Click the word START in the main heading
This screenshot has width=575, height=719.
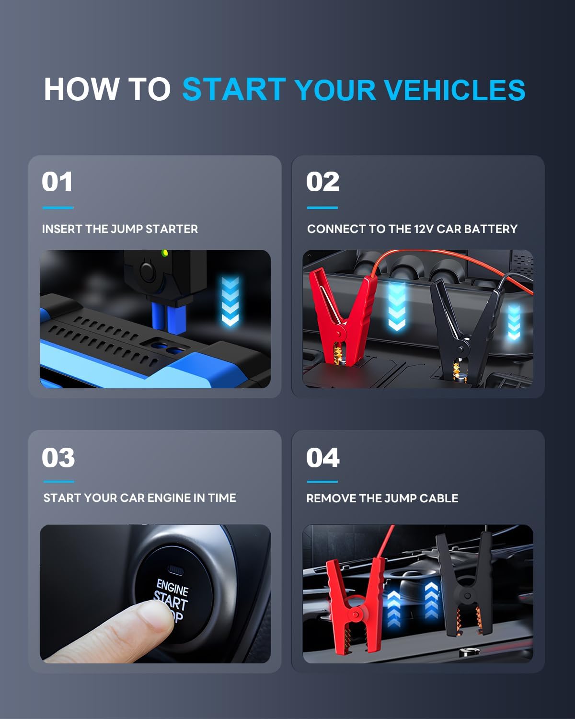pos(234,90)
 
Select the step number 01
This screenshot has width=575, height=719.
pos(57,182)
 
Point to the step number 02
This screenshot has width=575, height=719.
pos(322,182)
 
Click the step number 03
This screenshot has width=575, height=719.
pos(58,457)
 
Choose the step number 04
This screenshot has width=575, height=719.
pos(322,457)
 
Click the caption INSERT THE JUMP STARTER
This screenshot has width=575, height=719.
pos(120,229)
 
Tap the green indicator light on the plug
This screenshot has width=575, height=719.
pos(165,253)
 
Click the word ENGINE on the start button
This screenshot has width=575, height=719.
pos(172,587)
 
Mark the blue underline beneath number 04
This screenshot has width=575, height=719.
pos(322,482)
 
